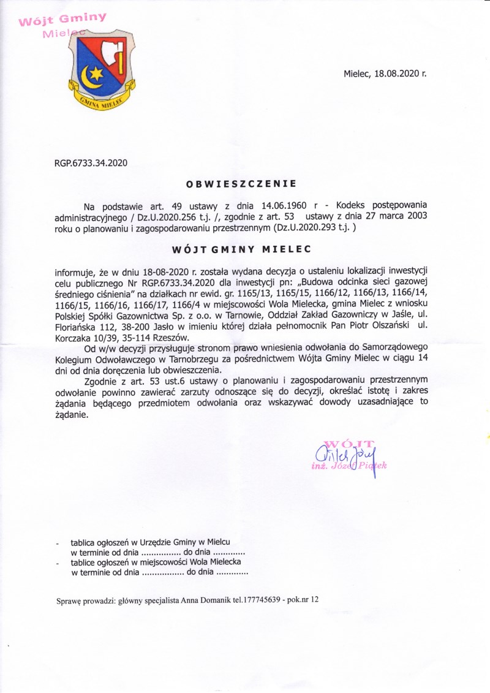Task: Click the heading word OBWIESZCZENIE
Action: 241,183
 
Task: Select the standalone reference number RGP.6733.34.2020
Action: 91,163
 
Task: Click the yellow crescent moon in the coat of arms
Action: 91,77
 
